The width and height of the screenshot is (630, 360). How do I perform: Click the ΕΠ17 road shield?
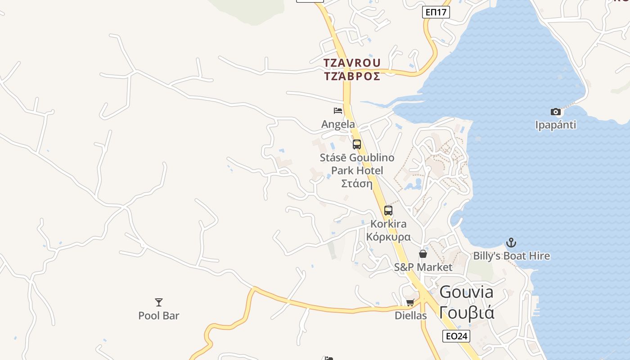(436, 12)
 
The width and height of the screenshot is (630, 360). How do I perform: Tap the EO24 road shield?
(456, 336)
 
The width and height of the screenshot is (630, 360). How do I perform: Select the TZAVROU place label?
(352, 63)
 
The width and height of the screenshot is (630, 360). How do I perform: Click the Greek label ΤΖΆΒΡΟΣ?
(352, 76)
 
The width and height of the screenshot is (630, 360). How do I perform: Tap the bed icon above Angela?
(338, 110)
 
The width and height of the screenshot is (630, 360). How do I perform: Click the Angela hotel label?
(338, 124)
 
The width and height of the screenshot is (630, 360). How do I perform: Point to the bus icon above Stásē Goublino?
(357, 144)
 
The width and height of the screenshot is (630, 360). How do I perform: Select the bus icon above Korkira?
(388, 210)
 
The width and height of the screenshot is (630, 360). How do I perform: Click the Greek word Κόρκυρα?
(388, 237)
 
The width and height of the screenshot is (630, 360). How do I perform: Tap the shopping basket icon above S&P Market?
(423, 254)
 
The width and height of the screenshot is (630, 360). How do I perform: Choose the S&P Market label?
(423, 267)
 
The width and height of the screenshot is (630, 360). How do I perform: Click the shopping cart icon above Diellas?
(410, 302)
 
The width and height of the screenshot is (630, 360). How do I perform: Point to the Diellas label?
(410, 316)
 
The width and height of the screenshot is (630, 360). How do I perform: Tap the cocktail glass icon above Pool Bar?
(158, 302)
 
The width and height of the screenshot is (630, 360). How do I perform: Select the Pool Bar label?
(158, 316)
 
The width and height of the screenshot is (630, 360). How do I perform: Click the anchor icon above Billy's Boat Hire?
(511, 243)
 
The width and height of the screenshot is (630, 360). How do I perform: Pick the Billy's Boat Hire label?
(511, 256)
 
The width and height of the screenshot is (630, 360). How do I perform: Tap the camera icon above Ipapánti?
(556, 112)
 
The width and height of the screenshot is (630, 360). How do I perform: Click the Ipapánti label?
(556, 125)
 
